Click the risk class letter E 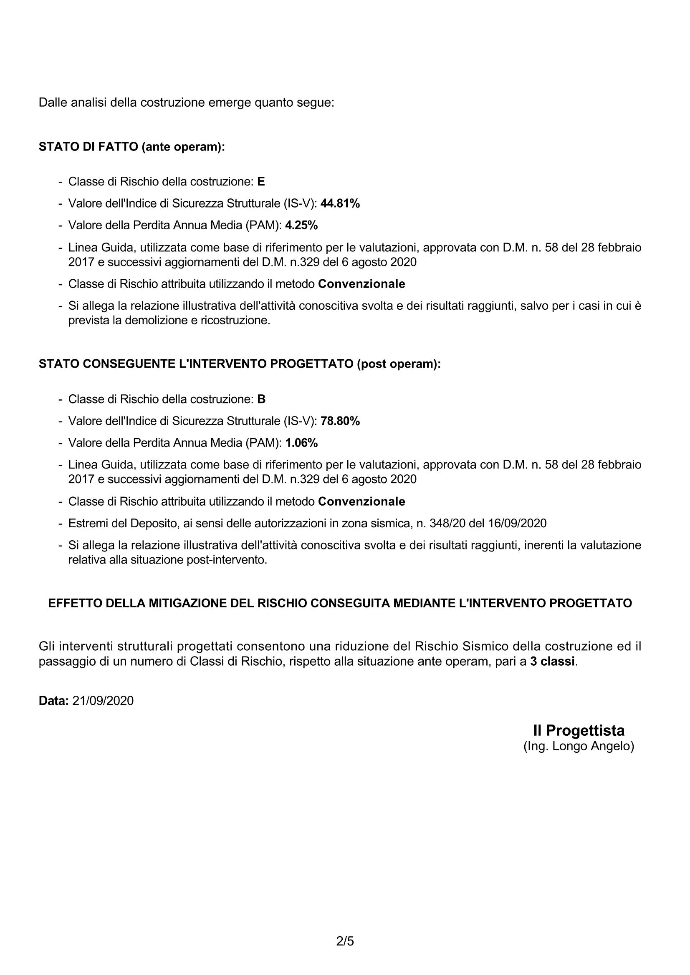261,182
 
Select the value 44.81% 340,203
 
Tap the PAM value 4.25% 301,225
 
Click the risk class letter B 261,399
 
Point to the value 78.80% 340,421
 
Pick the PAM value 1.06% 301,443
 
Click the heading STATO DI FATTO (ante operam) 132,147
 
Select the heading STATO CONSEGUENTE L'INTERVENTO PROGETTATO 240,364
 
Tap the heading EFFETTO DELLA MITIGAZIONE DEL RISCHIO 340,603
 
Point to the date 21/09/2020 103,701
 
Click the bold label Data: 53,701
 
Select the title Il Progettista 579,730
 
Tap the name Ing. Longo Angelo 579,746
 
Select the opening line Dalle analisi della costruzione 186,103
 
